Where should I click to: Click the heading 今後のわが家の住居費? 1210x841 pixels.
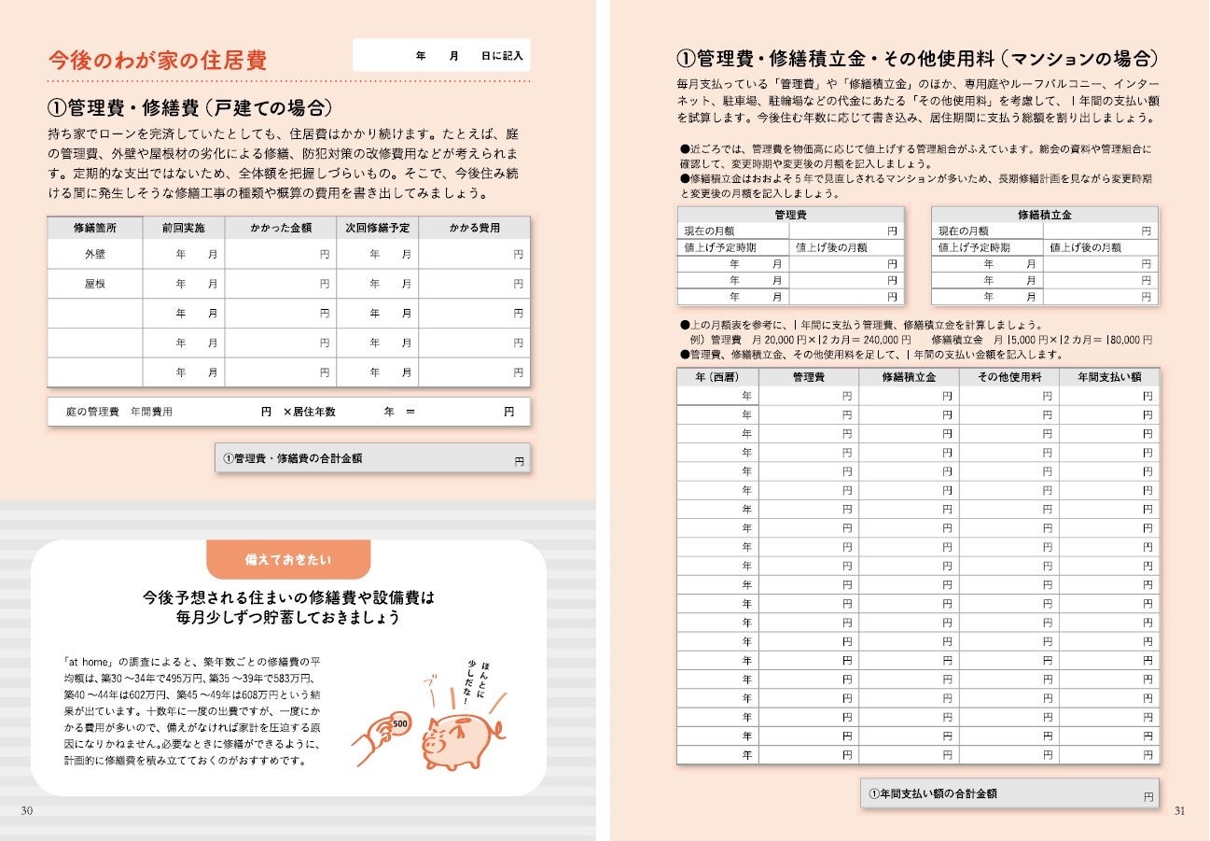(x=158, y=61)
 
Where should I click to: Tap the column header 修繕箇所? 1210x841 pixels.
(x=94, y=228)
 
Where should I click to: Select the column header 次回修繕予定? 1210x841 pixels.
(x=377, y=228)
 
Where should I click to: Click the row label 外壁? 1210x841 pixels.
(x=94, y=254)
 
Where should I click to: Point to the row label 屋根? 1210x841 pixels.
(x=94, y=284)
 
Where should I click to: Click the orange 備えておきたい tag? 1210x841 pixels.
(x=287, y=559)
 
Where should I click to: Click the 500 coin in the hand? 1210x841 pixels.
(x=398, y=724)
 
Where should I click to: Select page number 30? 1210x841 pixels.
(x=27, y=810)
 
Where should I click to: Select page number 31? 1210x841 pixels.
(x=1179, y=810)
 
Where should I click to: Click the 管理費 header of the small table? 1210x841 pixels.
(x=791, y=215)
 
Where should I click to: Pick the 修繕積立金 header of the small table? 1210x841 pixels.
(x=1045, y=215)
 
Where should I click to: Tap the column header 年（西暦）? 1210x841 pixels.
(x=717, y=377)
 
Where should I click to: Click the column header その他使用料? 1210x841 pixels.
(x=1009, y=377)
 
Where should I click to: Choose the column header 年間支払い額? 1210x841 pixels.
(x=1109, y=377)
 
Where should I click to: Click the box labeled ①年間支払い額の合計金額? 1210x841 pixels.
(x=1009, y=793)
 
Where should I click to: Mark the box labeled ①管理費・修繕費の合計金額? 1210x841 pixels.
(x=372, y=458)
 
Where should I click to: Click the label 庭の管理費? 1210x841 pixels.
(x=92, y=412)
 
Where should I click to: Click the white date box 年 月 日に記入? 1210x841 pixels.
(x=441, y=56)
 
